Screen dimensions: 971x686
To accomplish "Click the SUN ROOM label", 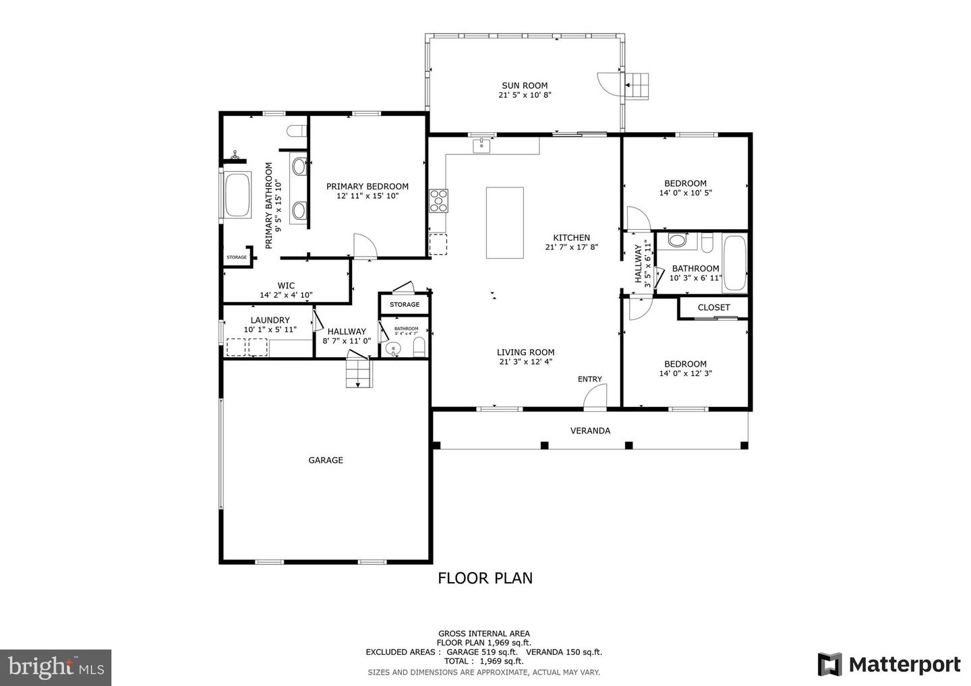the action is (525, 86).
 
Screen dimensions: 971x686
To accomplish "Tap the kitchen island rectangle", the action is (504, 222).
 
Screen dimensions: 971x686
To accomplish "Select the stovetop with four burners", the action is (438, 201).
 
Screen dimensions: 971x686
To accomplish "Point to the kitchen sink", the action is (481, 146).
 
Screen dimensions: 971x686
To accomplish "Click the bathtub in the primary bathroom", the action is (237, 195).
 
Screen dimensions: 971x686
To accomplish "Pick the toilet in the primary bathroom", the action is (297, 130).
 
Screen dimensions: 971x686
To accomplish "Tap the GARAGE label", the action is (326, 460).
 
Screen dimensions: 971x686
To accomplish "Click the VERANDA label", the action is (590, 431).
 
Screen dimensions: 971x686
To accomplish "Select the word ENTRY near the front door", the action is (589, 379).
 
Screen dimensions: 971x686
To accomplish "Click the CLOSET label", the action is (713, 307).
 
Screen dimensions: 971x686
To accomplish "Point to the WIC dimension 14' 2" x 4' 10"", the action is (286, 295).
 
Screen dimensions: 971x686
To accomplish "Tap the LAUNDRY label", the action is (270, 320).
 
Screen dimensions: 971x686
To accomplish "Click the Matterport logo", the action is (889, 664).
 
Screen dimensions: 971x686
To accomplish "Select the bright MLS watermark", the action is (56, 667).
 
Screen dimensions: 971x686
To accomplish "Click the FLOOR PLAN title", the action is (485, 578).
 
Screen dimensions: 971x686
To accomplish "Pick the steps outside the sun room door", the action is (637, 86).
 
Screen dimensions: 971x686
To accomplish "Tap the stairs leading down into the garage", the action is (359, 373).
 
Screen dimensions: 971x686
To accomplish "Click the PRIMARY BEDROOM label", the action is (367, 187).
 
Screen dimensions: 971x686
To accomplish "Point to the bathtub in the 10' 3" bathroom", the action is (735, 262).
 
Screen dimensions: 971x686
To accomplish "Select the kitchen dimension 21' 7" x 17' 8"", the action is (571, 247).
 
